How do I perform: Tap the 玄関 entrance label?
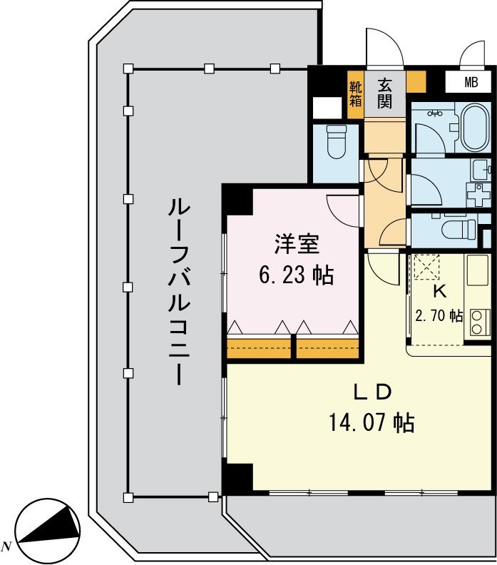(x=384, y=93)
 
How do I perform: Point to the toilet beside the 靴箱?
(x=335, y=141)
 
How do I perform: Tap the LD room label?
(x=372, y=392)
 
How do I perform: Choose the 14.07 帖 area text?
(x=372, y=424)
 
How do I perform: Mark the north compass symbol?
(x=47, y=529)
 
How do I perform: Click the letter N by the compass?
(x=7, y=546)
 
